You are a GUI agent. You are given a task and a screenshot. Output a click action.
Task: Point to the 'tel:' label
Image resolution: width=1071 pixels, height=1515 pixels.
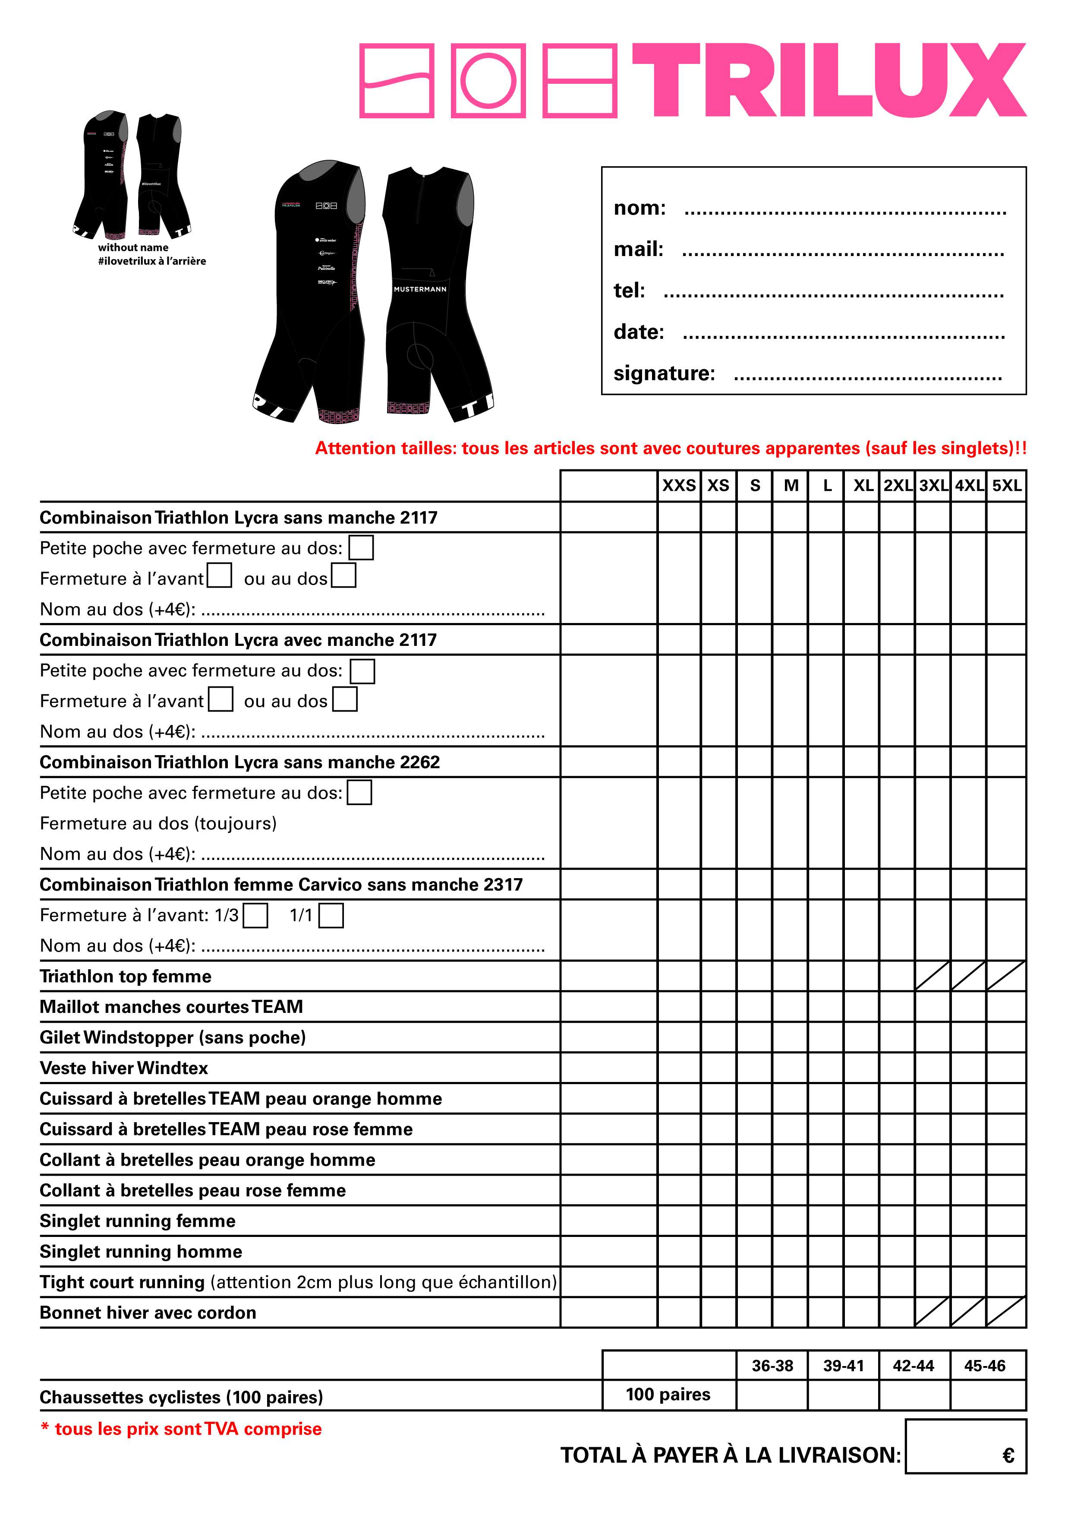(x=629, y=290)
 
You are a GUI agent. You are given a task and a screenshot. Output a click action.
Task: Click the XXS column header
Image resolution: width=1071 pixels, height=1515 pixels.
(x=679, y=486)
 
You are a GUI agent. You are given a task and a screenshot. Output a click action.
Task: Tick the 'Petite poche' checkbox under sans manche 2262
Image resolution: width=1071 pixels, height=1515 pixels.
(x=359, y=793)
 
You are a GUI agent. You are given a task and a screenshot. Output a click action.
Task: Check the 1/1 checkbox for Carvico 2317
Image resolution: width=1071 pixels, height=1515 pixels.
(x=331, y=915)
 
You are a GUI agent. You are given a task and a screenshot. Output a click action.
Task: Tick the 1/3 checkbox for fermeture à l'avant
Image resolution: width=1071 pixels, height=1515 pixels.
(x=255, y=915)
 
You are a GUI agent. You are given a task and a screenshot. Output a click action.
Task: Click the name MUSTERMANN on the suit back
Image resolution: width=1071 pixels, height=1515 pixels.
(x=420, y=289)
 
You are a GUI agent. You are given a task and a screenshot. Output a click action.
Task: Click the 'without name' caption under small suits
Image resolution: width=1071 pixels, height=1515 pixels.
(x=133, y=247)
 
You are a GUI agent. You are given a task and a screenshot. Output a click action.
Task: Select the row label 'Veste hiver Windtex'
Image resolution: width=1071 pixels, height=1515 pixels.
(x=124, y=1068)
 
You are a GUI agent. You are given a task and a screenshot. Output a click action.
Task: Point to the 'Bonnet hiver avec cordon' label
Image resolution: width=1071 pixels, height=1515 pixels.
(x=148, y=1313)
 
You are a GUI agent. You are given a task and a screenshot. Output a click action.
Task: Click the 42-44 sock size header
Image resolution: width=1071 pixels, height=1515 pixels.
(x=913, y=1365)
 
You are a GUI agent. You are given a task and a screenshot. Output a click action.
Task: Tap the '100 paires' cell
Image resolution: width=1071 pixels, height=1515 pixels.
(x=668, y=1394)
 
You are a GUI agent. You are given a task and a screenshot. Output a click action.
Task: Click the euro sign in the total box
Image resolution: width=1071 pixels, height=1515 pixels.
(x=1008, y=1455)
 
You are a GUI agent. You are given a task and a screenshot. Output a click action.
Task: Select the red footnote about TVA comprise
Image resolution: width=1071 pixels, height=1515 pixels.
(x=181, y=1429)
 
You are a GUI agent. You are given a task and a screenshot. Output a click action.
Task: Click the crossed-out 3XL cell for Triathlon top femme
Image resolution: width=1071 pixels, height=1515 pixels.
(x=932, y=976)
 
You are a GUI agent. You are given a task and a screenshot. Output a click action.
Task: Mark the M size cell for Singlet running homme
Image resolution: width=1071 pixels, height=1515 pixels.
(x=790, y=1251)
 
